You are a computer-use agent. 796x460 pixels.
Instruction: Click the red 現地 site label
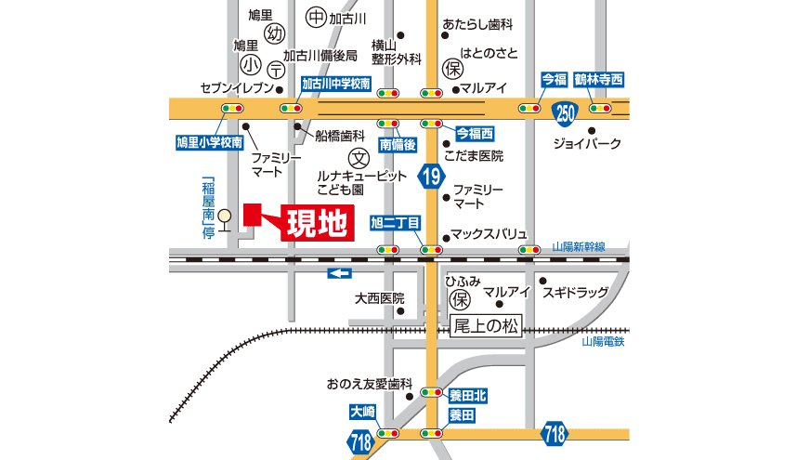click(x=317, y=223)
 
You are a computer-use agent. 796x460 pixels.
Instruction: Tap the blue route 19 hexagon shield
click(x=429, y=177)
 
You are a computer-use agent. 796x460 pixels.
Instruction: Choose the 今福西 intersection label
click(x=475, y=132)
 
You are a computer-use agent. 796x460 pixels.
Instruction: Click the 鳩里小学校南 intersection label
click(x=209, y=142)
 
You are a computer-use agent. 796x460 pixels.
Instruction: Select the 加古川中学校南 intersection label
click(x=336, y=84)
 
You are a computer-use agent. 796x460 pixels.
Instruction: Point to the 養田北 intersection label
click(x=467, y=396)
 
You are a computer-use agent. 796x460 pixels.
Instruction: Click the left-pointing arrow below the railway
click(x=340, y=272)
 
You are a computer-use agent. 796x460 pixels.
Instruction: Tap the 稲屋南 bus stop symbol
click(x=223, y=215)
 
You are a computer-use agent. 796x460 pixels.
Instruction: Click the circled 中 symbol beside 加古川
click(x=315, y=18)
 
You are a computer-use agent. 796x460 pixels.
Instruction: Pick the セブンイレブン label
click(x=237, y=88)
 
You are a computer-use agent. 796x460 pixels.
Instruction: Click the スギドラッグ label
click(x=576, y=294)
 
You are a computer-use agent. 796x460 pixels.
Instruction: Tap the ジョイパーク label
click(x=587, y=144)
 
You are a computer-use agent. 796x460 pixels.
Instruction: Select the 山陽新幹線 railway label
click(x=579, y=246)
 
